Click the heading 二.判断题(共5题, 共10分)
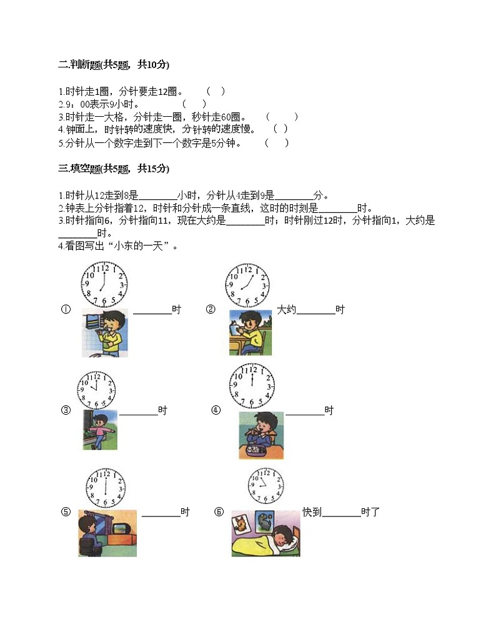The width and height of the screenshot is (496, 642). point(113,64)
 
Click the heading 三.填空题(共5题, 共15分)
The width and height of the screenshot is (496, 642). point(113,169)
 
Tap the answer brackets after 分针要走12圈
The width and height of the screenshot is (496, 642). point(216,91)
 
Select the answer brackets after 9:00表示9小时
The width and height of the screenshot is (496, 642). point(194,104)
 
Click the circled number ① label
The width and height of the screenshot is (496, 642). point(66,310)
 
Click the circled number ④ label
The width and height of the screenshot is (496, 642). point(216,410)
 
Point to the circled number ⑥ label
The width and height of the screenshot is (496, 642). point(219,512)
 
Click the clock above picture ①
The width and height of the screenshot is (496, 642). point(104,285)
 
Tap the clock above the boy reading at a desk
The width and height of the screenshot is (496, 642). point(247,285)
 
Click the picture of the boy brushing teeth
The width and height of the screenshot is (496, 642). point(104,333)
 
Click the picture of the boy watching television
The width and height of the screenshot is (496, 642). point(107,533)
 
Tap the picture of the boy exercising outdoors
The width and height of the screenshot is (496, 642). point(99,430)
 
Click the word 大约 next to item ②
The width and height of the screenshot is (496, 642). point(286,310)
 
